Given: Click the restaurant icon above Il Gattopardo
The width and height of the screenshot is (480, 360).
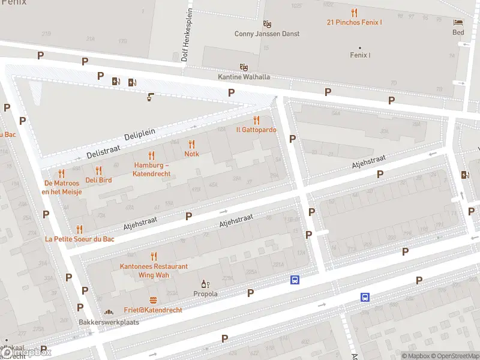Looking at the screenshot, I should click(x=256, y=120).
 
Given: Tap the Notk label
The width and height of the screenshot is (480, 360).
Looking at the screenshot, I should click(x=191, y=154).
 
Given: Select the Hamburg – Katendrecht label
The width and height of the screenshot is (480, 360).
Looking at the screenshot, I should click(x=152, y=169).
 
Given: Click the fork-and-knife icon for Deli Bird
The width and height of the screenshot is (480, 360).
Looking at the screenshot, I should click(x=98, y=170).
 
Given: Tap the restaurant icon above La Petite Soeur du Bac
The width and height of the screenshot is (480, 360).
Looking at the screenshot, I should click(x=79, y=229).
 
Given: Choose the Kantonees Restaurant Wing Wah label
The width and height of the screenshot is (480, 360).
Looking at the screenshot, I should click(x=154, y=271).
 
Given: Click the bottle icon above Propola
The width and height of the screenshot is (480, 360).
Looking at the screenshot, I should click(x=205, y=284).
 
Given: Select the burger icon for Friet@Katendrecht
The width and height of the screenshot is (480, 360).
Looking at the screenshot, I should click(x=154, y=300).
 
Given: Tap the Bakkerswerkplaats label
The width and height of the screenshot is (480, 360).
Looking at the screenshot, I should click(x=109, y=322).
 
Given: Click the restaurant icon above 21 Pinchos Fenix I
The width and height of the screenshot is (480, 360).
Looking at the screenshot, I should click(x=354, y=13).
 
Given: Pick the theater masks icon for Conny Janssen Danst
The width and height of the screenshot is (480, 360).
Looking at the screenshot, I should click(x=267, y=24).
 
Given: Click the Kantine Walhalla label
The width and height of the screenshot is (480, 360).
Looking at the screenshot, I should click(x=244, y=77).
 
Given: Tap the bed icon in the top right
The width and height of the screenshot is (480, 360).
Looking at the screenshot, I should click(x=458, y=22).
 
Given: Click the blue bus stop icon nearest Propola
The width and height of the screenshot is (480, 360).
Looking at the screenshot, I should click(x=295, y=280).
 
